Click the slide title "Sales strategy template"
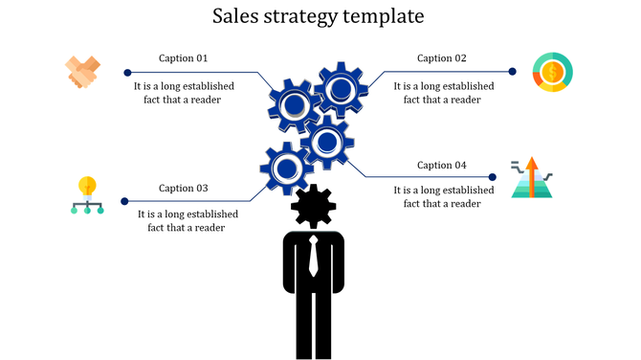319,16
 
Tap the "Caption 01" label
183,58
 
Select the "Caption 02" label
442,58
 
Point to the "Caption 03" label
183,188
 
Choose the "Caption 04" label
442,165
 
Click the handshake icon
83,73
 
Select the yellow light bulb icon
88,194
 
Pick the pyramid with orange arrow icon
532,178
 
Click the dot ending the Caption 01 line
127,72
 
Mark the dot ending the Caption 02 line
512,71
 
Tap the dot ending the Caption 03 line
124,201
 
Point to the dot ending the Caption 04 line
493,177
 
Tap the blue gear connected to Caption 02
340,89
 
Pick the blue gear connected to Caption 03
286,168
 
